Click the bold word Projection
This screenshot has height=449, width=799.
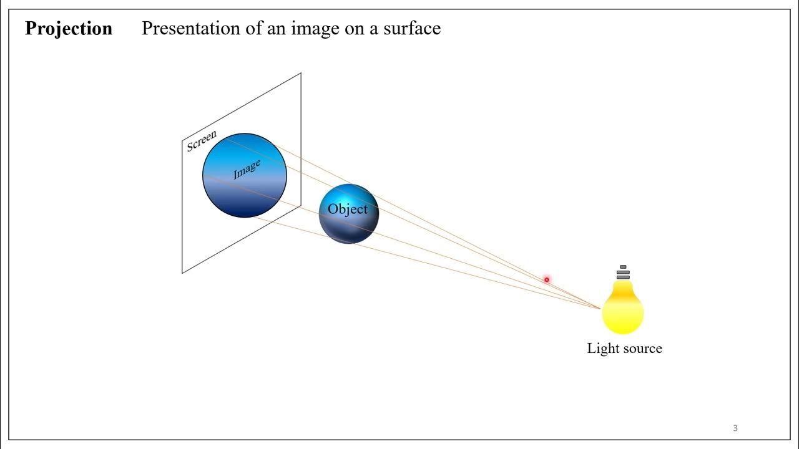pyautogui.click(x=69, y=29)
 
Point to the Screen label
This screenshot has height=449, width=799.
pyautogui.click(x=202, y=141)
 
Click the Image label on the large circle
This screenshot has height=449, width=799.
pyautogui.click(x=247, y=170)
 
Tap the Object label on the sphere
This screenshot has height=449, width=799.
pyautogui.click(x=348, y=210)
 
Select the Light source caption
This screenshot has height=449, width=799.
pyautogui.click(x=624, y=349)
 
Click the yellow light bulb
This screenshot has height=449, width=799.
pyautogui.click(x=623, y=309)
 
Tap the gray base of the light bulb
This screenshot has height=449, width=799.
pyautogui.click(x=623, y=273)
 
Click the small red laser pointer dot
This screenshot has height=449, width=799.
pyautogui.click(x=546, y=280)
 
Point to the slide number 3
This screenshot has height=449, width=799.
pyautogui.click(x=735, y=428)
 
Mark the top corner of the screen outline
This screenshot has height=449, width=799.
pyautogui.click(x=301, y=73)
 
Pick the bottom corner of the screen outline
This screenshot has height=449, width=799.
pyautogui.click(x=182, y=273)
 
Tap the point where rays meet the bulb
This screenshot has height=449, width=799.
pyautogui.click(x=600, y=308)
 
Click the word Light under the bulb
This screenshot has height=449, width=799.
pyautogui.click(x=601, y=349)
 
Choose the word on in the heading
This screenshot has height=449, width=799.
pyautogui.click(x=353, y=29)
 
